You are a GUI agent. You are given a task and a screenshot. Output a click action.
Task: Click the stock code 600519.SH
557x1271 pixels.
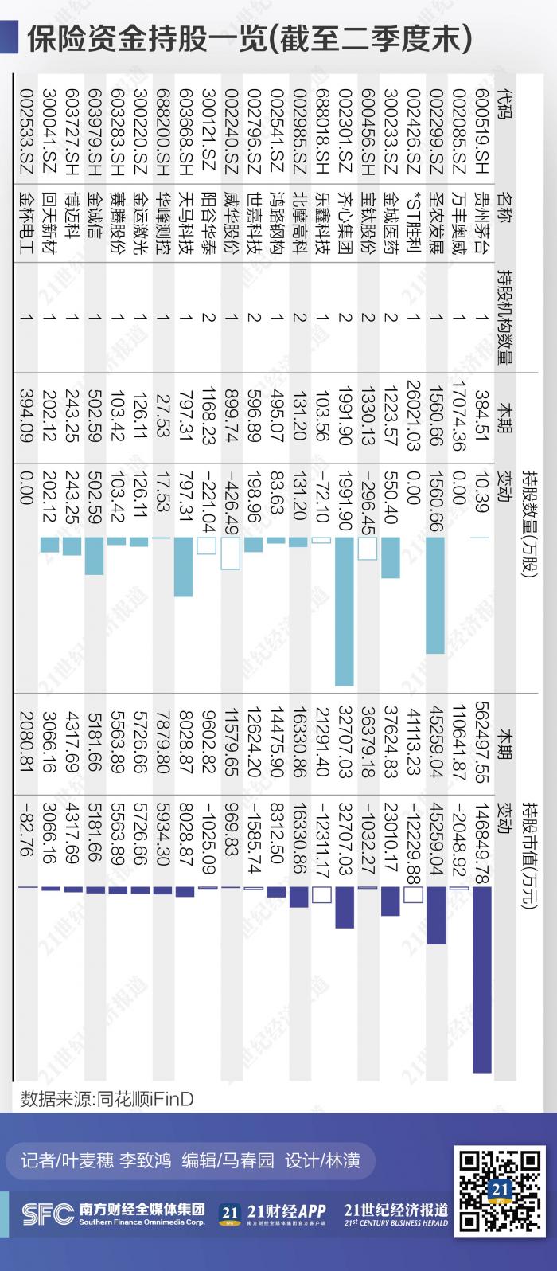pyautogui.click(x=481, y=131)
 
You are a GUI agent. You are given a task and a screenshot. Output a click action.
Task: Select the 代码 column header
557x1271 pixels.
pyautogui.click(x=504, y=104)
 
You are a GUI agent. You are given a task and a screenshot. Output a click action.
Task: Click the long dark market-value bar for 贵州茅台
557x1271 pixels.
pyautogui.click(x=481, y=980)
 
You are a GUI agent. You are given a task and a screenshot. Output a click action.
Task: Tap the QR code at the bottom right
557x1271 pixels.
pyautogui.click(x=500, y=1191)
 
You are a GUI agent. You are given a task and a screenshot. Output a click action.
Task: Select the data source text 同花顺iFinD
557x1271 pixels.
pyautogui.click(x=144, y=1100)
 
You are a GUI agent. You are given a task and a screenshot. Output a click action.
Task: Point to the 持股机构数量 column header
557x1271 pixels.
pyautogui.click(x=504, y=318)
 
